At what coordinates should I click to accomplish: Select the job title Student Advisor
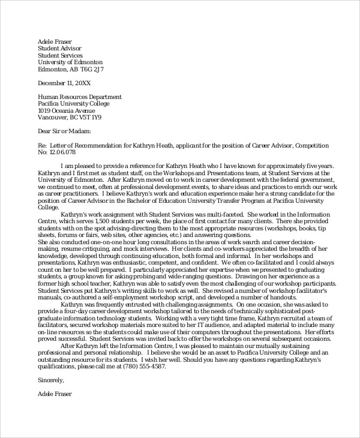tap(59, 48)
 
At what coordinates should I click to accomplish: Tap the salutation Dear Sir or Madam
tap(64, 131)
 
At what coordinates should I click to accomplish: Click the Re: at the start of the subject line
tap(42, 145)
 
